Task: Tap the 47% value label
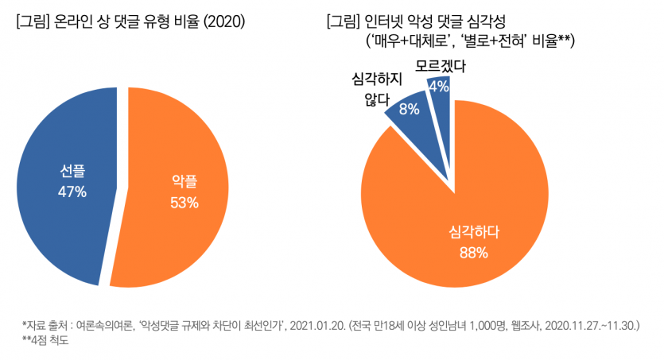[72, 192]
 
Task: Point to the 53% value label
[184, 203]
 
